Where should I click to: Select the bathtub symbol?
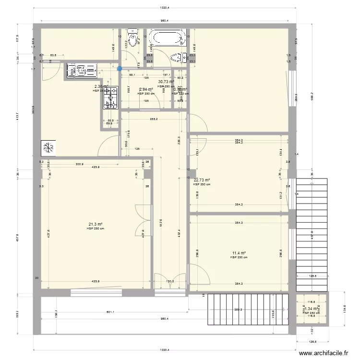click(167, 37)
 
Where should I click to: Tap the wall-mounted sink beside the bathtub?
click(179, 58)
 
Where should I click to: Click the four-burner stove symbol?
click(110, 97)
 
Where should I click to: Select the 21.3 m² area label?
click(96, 224)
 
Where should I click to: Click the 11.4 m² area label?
click(239, 253)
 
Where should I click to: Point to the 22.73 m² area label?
click(202, 180)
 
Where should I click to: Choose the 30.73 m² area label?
click(166, 82)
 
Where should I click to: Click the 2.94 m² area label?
click(146, 89)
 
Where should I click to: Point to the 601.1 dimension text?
click(110, 312)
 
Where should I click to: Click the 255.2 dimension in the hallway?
click(154, 120)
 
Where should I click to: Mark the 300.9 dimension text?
click(79, 164)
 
